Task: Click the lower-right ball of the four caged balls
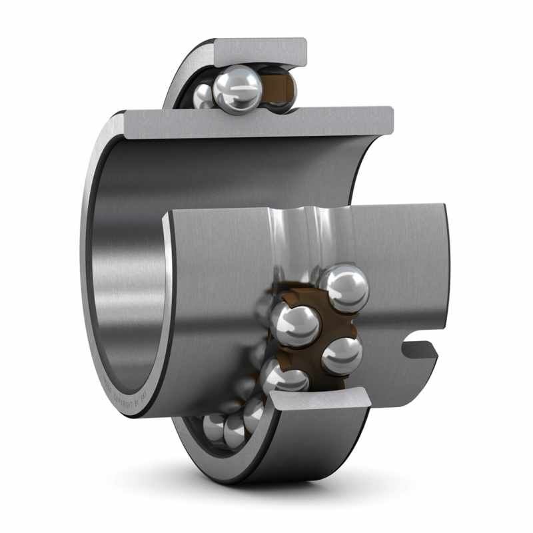pos(342,354)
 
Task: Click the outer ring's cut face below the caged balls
pos(320,400)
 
